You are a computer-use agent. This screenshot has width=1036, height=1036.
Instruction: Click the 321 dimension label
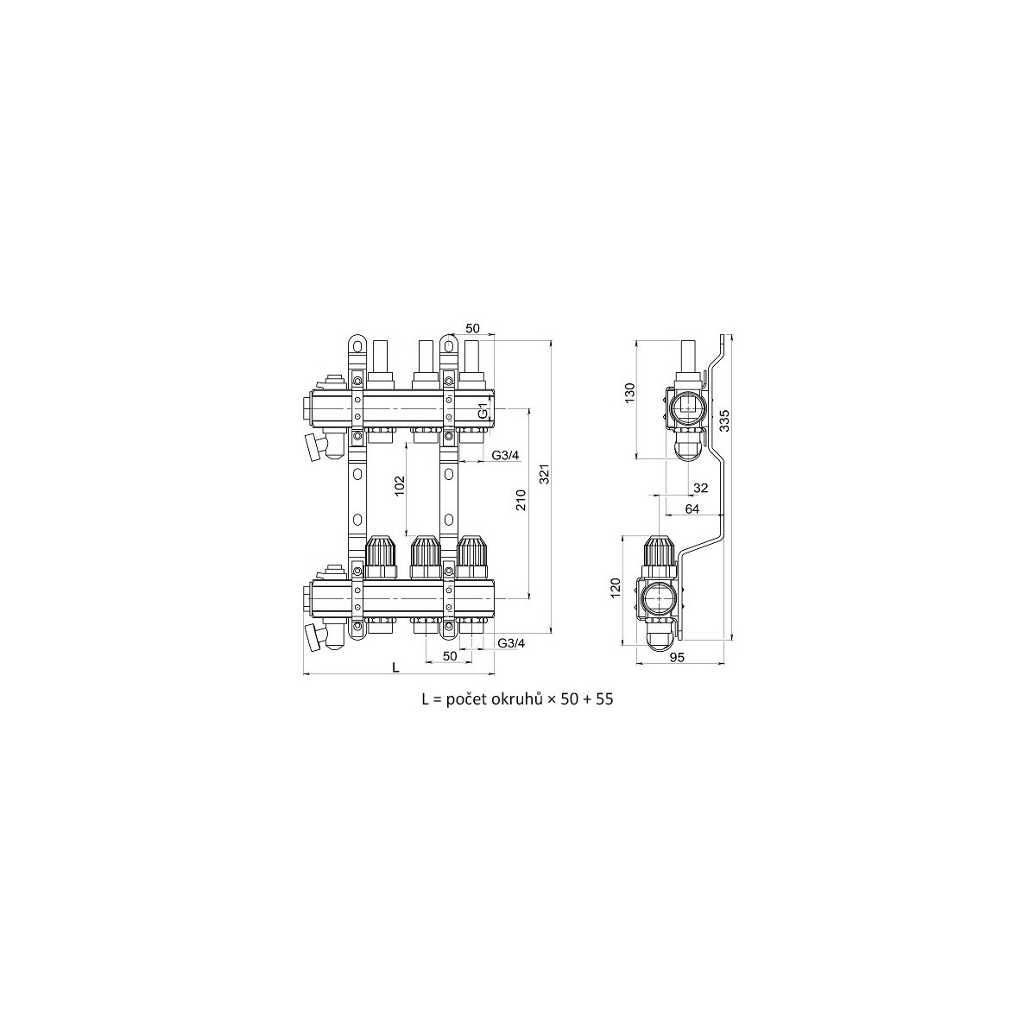click(544, 473)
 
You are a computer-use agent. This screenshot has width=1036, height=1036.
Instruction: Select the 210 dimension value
click(521, 500)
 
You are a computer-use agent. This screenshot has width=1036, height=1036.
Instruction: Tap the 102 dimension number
click(400, 487)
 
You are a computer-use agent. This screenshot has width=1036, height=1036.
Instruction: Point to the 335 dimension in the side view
click(724, 420)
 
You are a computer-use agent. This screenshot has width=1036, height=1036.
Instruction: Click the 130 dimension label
click(630, 393)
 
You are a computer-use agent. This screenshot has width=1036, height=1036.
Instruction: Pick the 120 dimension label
click(616, 588)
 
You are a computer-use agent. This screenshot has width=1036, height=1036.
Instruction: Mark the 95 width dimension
click(678, 658)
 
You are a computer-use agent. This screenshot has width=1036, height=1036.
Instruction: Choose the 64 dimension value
click(692, 509)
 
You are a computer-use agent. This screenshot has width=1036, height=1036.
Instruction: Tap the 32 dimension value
click(700, 488)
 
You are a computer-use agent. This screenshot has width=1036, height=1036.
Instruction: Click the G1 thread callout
click(483, 411)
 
